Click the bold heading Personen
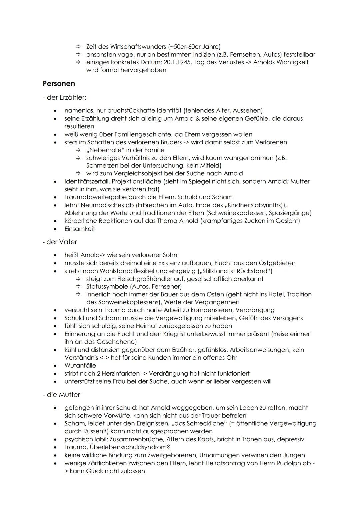[59, 83]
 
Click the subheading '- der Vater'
[60, 242]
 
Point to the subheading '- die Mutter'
[61, 395]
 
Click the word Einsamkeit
[80, 229]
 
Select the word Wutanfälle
[80, 366]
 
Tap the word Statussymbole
[107, 287]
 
